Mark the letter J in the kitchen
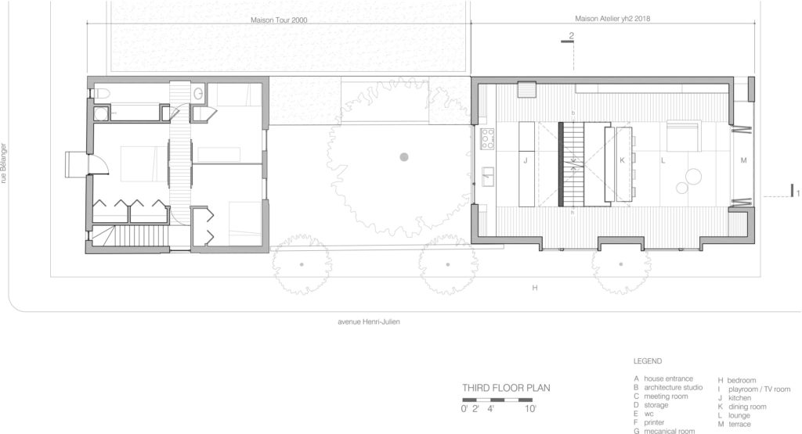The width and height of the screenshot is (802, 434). tap(525, 160)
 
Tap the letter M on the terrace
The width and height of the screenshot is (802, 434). tap(742, 160)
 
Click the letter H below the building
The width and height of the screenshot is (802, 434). tap(534, 289)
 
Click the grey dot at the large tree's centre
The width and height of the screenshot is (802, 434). tap(404, 157)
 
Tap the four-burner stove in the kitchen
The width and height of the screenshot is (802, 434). tap(487, 139)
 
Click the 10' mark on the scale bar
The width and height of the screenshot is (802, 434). tap(531, 409)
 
